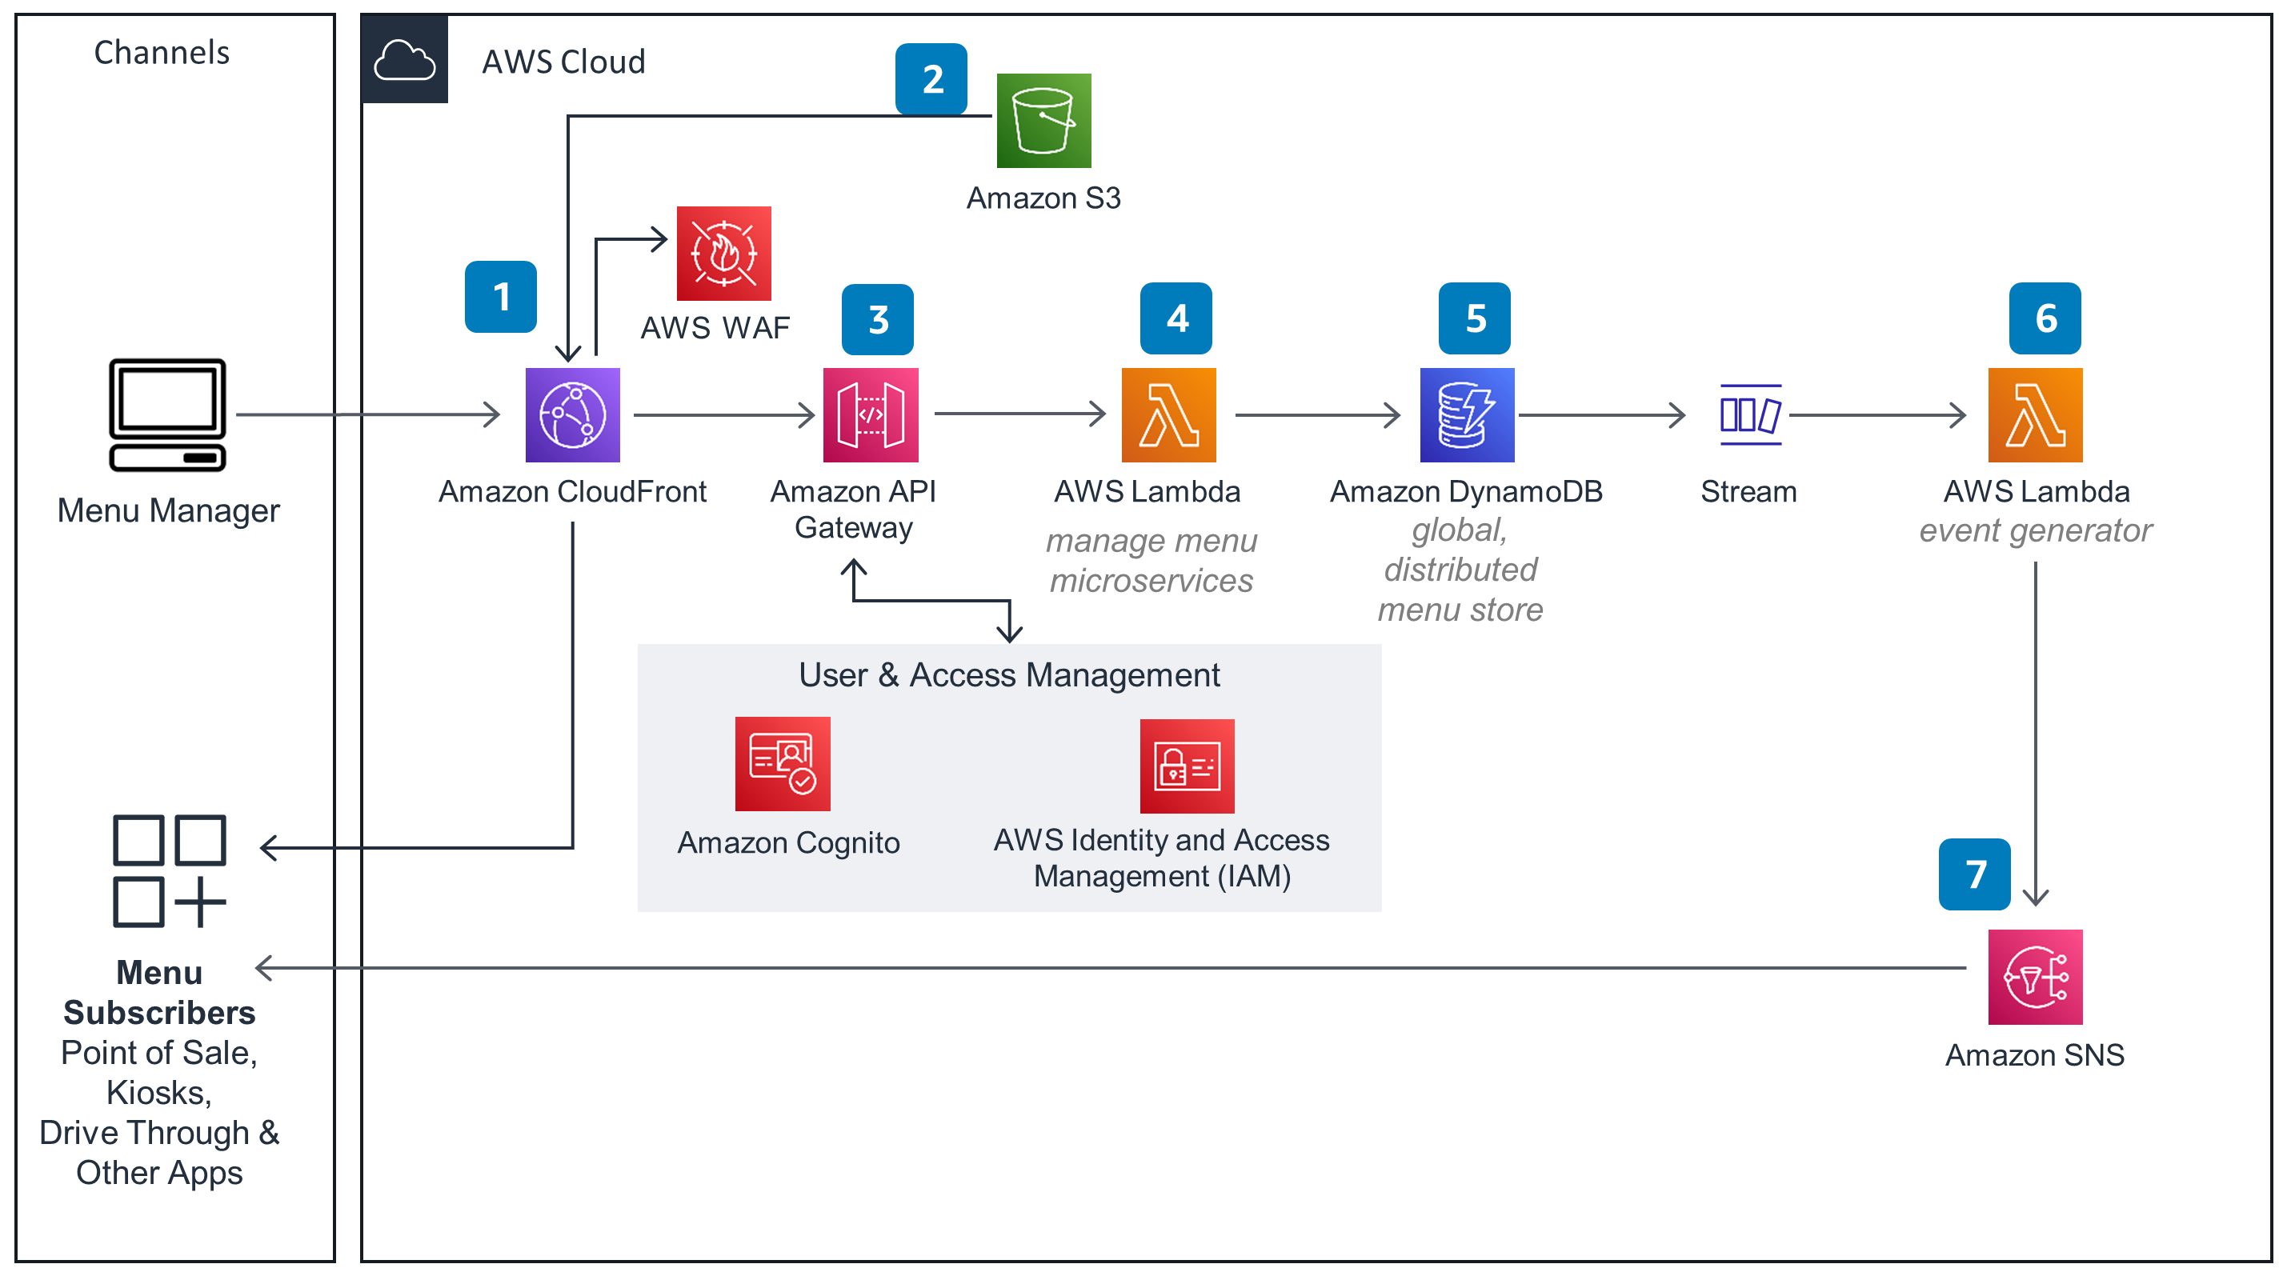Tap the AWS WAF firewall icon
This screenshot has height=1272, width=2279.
(x=723, y=254)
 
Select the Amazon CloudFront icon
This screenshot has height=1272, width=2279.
(x=572, y=415)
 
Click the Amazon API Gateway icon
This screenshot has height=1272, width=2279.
(x=871, y=415)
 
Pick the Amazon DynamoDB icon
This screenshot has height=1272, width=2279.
(x=1467, y=415)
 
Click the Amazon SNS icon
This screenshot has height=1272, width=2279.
(x=2035, y=977)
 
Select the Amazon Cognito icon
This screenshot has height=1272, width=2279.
(x=782, y=763)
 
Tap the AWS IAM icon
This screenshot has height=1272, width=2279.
(x=1187, y=766)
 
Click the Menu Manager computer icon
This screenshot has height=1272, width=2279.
(x=167, y=415)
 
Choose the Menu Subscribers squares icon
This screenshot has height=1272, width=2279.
(x=169, y=870)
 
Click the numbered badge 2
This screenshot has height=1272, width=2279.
(x=931, y=78)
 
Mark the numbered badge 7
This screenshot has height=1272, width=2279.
(x=1974, y=874)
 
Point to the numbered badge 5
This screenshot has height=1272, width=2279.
(x=1474, y=318)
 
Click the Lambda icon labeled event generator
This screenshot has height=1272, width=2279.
(x=2035, y=415)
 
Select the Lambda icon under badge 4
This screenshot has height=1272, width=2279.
(x=1168, y=415)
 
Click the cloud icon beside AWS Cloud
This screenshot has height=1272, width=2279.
(x=404, y=59)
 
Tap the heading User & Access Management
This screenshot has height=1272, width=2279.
(x=1008, y=675)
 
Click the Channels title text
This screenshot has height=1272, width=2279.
(x=162, y=52)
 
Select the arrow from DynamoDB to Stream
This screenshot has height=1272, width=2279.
(x=1601, y=415)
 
